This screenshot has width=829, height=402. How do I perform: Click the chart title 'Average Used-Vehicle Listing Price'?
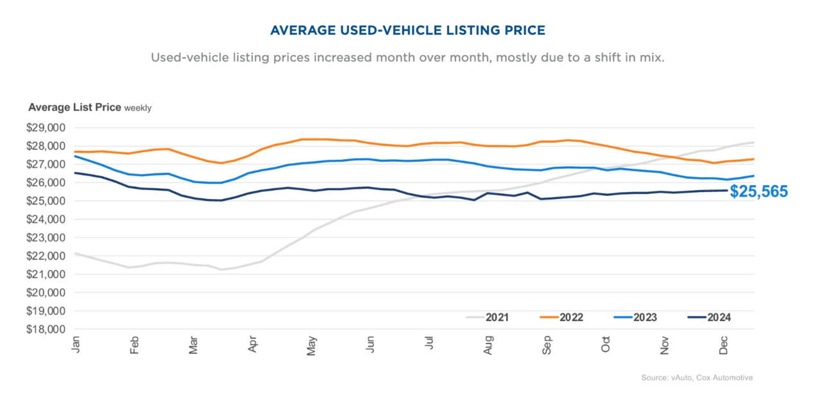407,30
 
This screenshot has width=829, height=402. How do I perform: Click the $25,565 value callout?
758,191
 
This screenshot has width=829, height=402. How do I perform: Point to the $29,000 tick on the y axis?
47,128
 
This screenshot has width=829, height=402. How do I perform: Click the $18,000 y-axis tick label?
47,329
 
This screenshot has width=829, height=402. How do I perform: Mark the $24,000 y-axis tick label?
47,219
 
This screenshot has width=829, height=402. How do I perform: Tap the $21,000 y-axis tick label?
47,274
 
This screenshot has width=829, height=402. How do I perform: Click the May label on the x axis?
311,344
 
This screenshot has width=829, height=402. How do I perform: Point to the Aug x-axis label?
488,344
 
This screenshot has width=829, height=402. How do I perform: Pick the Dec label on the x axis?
724,344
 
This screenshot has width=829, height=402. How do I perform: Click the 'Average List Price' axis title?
74,107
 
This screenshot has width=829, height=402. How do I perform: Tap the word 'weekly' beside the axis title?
138,108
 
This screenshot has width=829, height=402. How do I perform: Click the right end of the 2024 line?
727,190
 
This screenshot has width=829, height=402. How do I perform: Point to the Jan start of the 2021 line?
75,253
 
